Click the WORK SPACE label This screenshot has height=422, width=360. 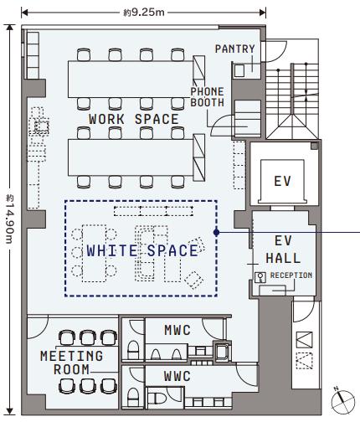[134, 119]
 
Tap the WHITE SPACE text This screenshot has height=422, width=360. [142, 250]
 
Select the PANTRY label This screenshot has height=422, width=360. [235, 49]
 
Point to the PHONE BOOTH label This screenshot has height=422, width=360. [207, 97]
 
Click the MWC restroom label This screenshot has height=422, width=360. [177, 330]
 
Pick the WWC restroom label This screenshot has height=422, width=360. [177, 376]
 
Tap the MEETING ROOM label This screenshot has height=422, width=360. [71, 363]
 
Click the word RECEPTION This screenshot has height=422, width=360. [291, 275]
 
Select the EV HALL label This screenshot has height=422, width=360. [283, 250]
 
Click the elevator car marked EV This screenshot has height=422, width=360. [282, 181]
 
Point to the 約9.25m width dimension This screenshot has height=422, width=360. [144, 13]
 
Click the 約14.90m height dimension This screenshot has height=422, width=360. [10, 219]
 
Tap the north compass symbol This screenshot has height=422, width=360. [343, 402]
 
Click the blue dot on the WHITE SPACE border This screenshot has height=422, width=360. [216, 232]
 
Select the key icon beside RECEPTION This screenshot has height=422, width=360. [260, 277]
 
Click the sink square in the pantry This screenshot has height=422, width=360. [239, 71]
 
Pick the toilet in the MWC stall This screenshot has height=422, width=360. [133, 350]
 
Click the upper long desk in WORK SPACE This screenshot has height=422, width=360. [131, 79]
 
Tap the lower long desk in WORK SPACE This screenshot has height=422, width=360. [131, 157]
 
